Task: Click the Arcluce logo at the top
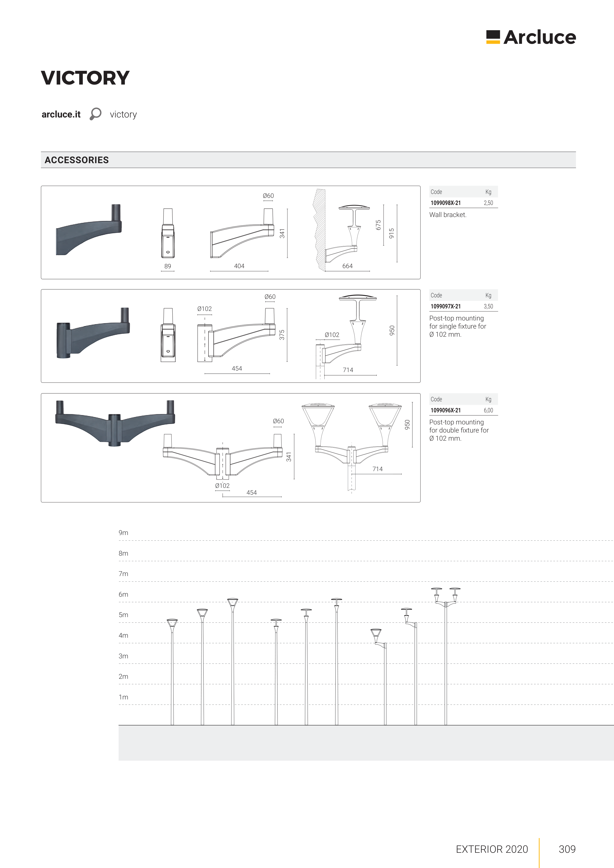[x=531, y=37]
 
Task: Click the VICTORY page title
[x=85, y=78]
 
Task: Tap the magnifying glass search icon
[x=95, y=114]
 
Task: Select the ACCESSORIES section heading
[x=76, y=160]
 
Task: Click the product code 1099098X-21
[x=446, y=203]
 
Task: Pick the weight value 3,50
[x=488, y=307]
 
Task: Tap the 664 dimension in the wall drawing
[x=347, y=266]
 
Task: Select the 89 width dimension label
[x=168, y=266]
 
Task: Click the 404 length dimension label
[x=239, y=266]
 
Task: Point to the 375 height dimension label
[x=282, y=335]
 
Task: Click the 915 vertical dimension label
[x=392, y=233]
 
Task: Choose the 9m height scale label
[x=123, y=533]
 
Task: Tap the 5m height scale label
[x=123, y=615]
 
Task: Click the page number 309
[x=567, y=849]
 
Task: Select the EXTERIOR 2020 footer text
[x=492, y=849]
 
